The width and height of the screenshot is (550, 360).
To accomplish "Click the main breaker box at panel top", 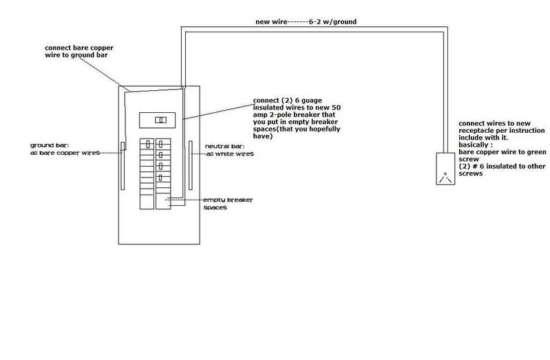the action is [x=157, y=120].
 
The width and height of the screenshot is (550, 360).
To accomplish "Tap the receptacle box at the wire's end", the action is [x=445, y=169].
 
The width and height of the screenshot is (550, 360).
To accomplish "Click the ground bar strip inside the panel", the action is [x=123, y=166].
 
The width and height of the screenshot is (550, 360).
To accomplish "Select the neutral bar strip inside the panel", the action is [x=191, y=165].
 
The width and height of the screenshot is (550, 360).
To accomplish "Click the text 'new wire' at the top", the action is [x=271, y=22].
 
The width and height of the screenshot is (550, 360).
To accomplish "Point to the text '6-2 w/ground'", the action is [x=332, y=22].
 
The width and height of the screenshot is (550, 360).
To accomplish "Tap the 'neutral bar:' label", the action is [x=224, y=147].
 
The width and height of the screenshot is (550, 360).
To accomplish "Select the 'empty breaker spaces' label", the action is [x=228, y=204].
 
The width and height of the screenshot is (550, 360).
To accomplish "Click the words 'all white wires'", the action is [x=230, y=153].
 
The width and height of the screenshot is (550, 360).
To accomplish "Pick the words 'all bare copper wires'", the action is [x=65, y=153].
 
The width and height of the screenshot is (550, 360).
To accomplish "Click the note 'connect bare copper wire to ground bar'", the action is [x=79, y=51].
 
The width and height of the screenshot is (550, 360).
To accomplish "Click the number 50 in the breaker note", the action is [x=336, y=107].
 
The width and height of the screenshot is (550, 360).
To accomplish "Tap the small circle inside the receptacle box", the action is [x=445, y=173].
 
